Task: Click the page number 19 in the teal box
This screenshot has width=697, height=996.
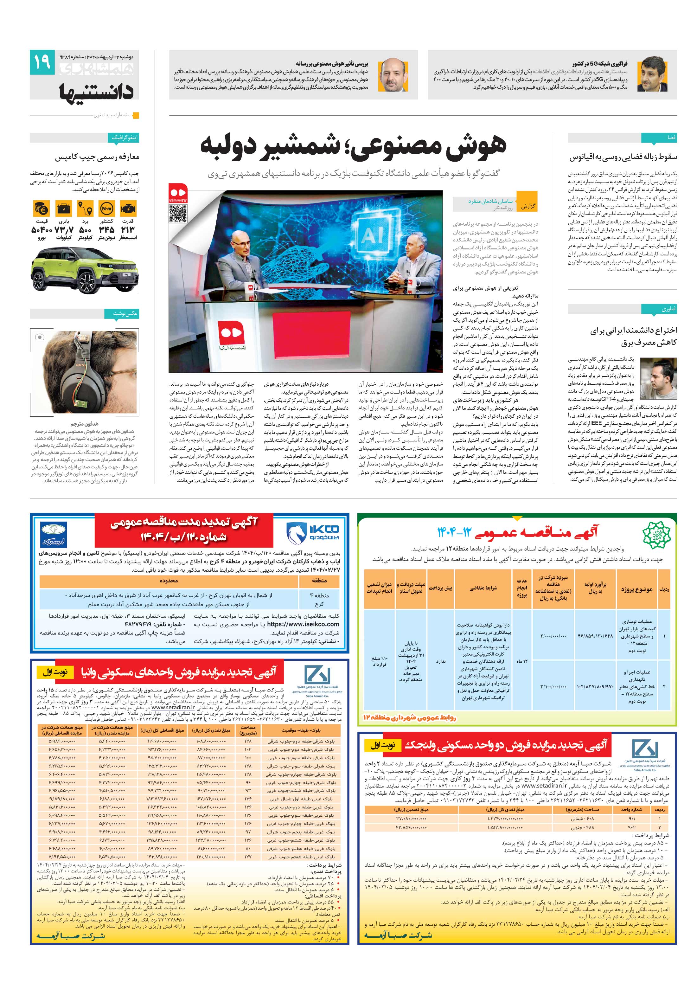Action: click(42, 62)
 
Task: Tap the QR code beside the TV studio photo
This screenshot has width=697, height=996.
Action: click(178, 214)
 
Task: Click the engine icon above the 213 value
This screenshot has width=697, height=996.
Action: click(128, 209)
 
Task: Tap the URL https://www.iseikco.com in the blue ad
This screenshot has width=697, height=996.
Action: click(303, 624)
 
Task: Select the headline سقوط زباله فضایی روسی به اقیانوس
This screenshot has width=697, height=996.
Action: click(623, 157)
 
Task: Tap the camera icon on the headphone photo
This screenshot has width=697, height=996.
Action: click(40, 337)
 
